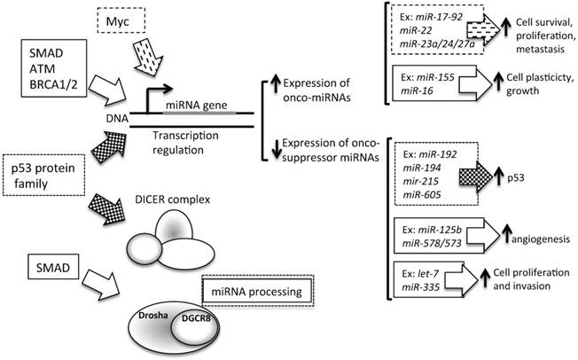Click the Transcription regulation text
click(186, 144)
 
